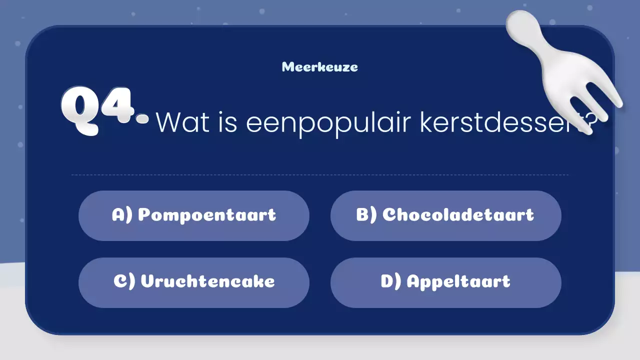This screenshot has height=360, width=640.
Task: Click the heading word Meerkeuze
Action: (320, 66)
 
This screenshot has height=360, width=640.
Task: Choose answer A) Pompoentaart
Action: (194, 215)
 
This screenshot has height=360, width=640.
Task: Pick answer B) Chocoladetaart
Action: (445, 215)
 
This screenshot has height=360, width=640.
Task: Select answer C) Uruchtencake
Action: (194, 282)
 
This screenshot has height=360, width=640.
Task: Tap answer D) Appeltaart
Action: (445, 282)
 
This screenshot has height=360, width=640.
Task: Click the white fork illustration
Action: (565, 70)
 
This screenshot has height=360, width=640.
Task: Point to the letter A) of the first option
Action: (122, 215)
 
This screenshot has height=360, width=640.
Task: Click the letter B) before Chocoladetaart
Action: (366, 215)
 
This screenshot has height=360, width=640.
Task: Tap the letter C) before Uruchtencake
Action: (124, 282)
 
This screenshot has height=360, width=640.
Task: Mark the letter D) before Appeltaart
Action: (391, 282)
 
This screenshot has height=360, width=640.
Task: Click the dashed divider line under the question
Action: (320, 175)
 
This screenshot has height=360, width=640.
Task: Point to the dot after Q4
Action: (142, 118)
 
